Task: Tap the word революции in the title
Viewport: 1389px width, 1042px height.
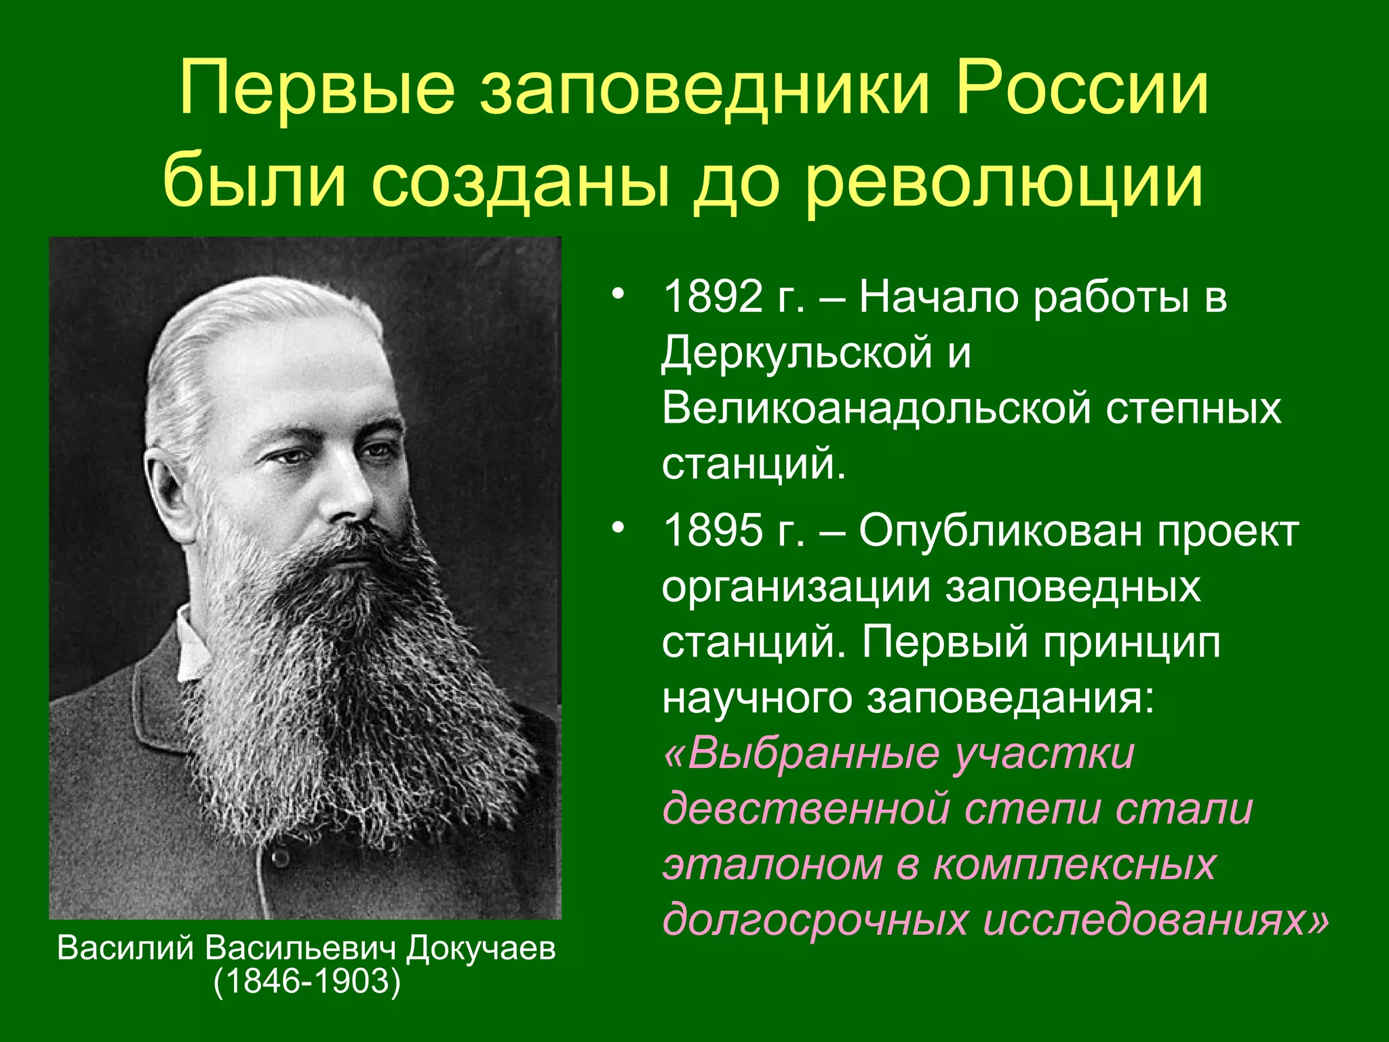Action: click(1004, 180)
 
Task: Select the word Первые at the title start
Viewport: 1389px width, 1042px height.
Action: click(317, 88)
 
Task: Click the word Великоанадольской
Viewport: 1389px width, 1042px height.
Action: click(876, 409)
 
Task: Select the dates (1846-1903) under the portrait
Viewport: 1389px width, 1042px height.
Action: click(307, 982)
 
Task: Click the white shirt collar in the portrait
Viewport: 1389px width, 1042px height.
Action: click(190, 644)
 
